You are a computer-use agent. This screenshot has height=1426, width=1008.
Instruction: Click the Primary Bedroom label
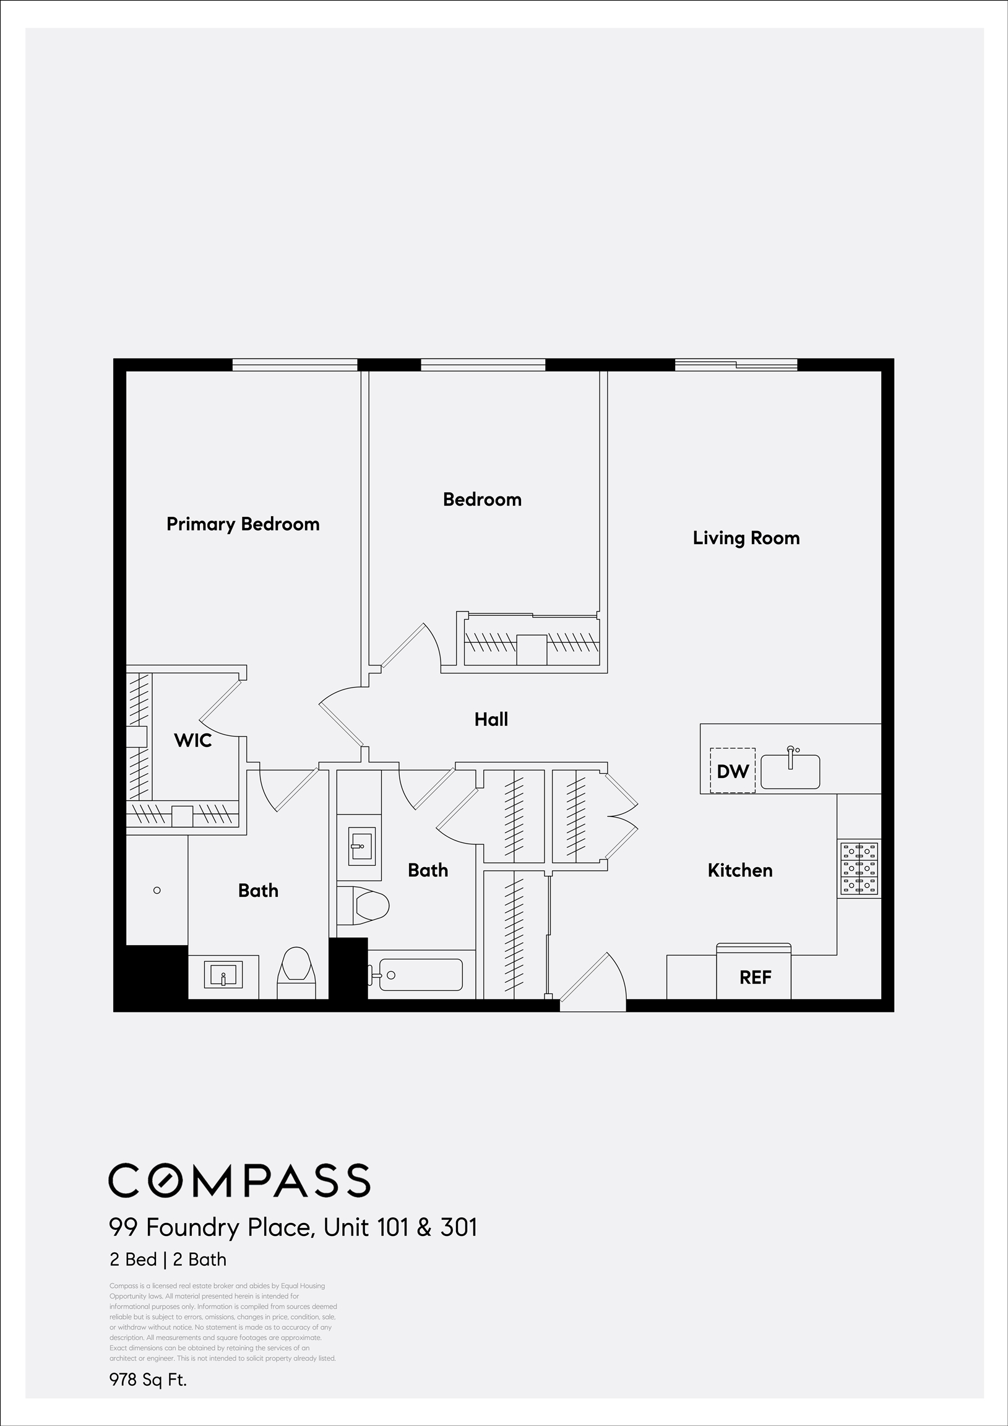[243, 524]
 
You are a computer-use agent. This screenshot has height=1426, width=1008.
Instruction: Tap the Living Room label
[746, 538]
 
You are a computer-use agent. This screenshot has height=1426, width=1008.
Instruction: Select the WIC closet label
[192, 740]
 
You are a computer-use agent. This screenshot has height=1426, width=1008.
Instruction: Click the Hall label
[491, 719]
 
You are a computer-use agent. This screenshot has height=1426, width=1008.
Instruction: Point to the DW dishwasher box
[733, 771]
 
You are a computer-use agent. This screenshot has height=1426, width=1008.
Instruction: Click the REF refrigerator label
[754, 977]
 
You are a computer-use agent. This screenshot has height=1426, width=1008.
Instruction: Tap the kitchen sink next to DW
[790, 772]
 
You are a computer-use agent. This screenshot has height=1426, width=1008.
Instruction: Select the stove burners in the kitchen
[859, 868]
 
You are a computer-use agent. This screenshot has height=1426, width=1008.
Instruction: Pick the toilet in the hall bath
[368, 905]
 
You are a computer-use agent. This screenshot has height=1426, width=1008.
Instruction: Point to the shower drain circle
[157, 890]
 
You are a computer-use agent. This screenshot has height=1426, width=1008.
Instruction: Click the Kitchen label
[739, 870]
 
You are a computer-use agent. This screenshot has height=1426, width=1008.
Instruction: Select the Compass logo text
[239, 1180]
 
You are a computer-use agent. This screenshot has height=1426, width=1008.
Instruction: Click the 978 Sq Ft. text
[148, 1380]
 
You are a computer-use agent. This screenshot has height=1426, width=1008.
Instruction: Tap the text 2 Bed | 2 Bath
[168, 1259]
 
